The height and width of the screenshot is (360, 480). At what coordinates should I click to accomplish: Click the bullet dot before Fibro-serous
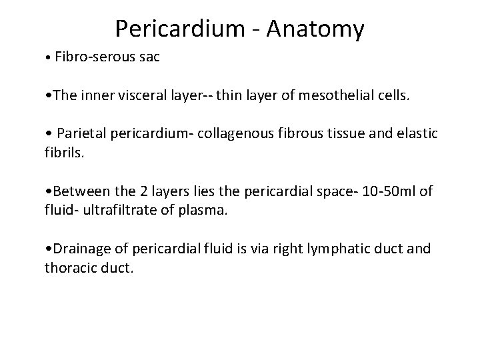click(43, 58)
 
